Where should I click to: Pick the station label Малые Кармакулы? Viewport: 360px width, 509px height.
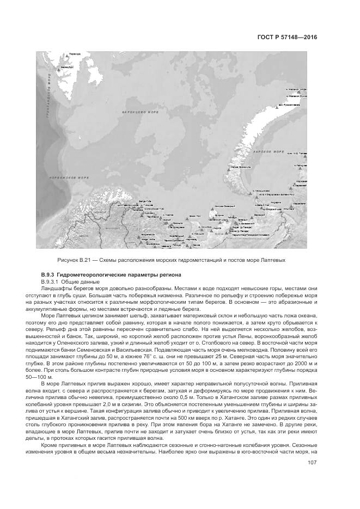click(x=240, y=167)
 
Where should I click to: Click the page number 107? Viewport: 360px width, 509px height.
click(x=312, y=463)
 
